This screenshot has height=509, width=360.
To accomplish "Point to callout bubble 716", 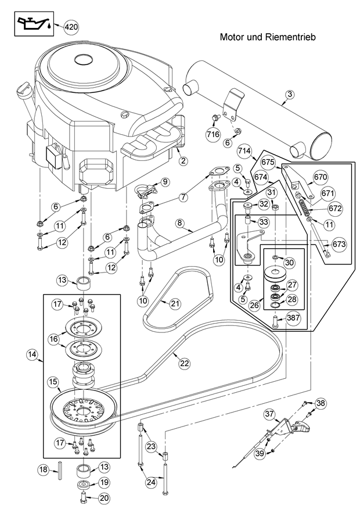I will click(x=213, y=134).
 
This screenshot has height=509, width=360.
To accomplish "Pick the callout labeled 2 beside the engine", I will click(x=182, y=160).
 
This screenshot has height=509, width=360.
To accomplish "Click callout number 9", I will click(x=164, y=182).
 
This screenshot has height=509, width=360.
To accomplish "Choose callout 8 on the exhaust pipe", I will click(x=180, y=223).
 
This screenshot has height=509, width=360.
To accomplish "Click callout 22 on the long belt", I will click(x=184, y=363).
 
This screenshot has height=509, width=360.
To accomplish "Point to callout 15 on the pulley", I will click(x=53, y=382).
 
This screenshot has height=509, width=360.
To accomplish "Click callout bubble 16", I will click(x=53, y=338).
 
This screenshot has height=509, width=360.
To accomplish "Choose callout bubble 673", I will click(x=339, y=245).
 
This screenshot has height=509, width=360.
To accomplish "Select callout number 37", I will click(x=269, y=414).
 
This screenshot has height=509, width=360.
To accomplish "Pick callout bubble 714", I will click(x=244, y=152).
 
